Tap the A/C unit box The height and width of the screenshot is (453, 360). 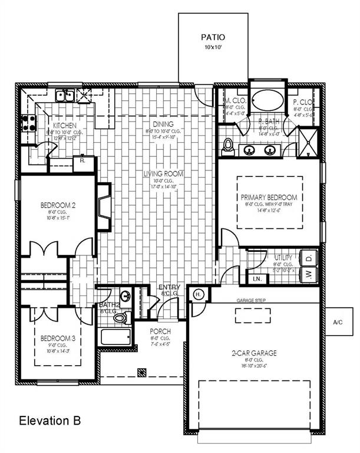338,323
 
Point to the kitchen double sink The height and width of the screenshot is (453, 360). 64,95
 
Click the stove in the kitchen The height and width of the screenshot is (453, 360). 27,123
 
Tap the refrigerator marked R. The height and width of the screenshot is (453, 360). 83,160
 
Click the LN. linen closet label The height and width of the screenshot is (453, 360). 257,278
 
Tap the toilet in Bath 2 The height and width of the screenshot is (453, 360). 121,317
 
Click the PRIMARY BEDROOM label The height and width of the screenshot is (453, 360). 268,197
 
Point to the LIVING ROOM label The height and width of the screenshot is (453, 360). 163,174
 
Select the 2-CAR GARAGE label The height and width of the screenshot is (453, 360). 255,353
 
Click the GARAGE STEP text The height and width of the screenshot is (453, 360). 252,301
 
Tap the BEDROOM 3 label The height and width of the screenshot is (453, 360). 58,339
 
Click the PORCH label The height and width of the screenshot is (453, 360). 160,331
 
